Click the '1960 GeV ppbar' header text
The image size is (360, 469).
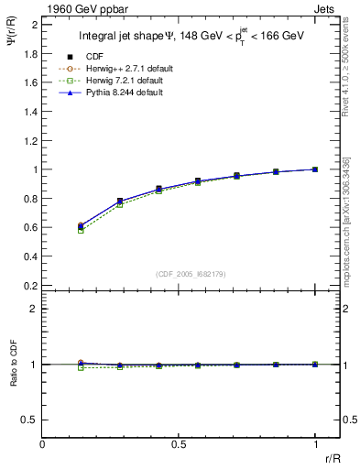click(x=80, y=8)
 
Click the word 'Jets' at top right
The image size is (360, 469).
click(x=325, y=8)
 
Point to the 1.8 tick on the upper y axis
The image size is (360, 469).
click(x=29, y=53)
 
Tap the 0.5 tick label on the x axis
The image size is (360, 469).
click(x=179, y=445)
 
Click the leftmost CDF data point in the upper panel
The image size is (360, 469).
click(x=81, y=225)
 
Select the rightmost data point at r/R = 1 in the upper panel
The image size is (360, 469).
click(x=315, y=169)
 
